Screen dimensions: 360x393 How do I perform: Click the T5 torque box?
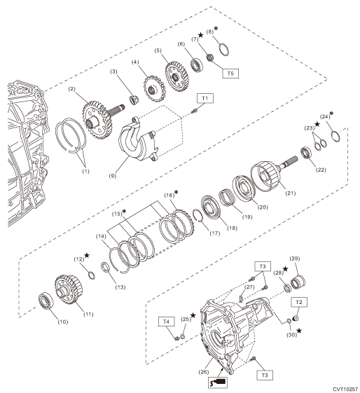tap(230, 73)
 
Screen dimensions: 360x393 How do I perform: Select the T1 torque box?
tap(205, 98)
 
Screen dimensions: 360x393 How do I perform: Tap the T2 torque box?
tap(299, 302)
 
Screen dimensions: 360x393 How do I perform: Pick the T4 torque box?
tap(167, 322)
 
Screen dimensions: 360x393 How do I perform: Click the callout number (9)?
tap(113, 176)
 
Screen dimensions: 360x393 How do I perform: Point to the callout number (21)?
tap(291, 193)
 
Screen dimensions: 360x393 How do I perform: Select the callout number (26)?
tap(203, 372)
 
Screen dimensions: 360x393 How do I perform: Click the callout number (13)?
tap(120, 287)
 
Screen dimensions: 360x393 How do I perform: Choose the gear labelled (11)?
tap(69, 289)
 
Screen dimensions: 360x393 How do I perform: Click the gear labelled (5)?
tap(176, 76)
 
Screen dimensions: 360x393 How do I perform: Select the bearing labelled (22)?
tap(306, 153)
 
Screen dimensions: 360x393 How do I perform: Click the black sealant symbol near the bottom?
tap(218, 382)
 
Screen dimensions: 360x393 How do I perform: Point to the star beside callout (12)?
tap(87, 256)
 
